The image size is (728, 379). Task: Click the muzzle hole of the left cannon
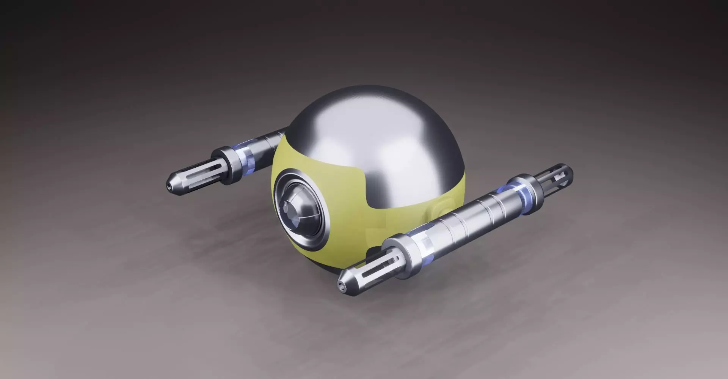point(168,186)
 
